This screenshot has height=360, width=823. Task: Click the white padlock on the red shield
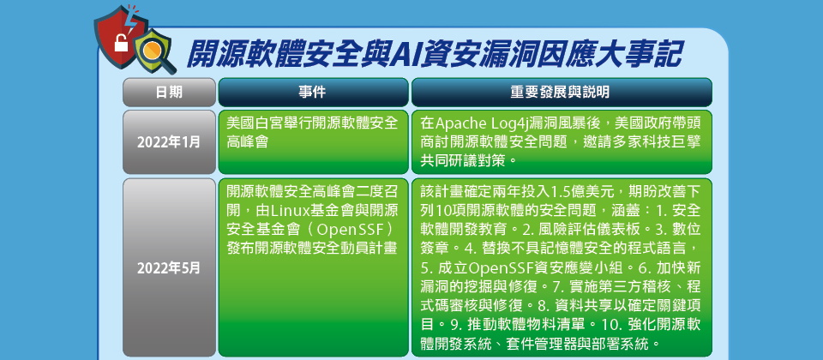(121, 44)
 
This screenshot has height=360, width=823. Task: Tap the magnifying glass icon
(156, 52)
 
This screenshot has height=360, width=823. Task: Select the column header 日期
(169, 93)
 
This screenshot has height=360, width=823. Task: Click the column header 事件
(313, 93)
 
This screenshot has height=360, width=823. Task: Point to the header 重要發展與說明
(562, 93)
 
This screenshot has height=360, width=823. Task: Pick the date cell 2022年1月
(169, 142)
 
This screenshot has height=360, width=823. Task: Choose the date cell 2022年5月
(169, 268)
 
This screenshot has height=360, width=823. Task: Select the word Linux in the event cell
(289, 211)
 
